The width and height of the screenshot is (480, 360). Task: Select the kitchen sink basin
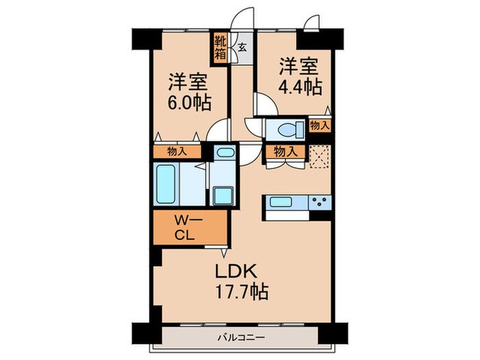click(x=282, y=202)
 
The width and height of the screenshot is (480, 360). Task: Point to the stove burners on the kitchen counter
click(x=319, y=202)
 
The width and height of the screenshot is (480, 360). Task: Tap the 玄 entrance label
click(x=243, y=48)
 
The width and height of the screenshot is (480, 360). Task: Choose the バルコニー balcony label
click(x=243, y=337)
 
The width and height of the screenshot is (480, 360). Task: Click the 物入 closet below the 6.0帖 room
click(x=177, y=152)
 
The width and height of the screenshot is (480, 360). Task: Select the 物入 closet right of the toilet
click(x=319, y=125)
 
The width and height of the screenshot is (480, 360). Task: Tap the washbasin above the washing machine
click(x=223, y=154)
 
